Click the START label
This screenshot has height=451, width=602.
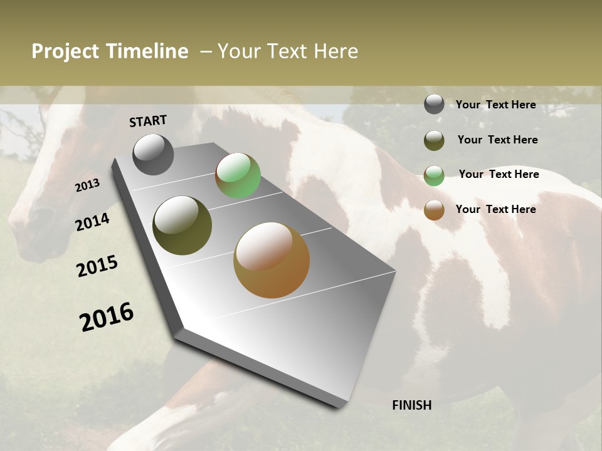pyautogui.click(x=148, y=121)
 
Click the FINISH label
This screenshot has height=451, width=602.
pyautogui.click(x=412, y=405)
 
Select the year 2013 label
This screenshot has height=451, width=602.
pyautogui.click(x=87, y=185)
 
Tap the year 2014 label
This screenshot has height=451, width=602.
pyautogui.click(x=92, y=222)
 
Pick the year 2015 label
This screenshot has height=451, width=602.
pyautogui.click(x=97, y=266)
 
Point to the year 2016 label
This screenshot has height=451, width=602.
pyautogui.click(x=107, y=317)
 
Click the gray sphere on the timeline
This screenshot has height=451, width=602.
pyautogui.click(x=153, y=155)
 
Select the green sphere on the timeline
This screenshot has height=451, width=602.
pyautogui.click(x=238, y=176)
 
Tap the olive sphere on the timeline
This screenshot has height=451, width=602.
pyautogui.click(x=182, y=225)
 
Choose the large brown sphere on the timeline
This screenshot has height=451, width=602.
pyautogui.click(x=272, y=260)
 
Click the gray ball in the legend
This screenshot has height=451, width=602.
pyautogui.click(x=434, y=104)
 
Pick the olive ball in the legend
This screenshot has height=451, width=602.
pyautogui.click(x=434, y=140)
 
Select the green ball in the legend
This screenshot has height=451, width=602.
pyautogui.click(x=434, y=175)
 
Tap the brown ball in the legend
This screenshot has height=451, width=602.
pyautogui.click(x=434, y=210)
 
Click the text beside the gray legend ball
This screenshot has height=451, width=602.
pyautogui.click(x=495, y=105)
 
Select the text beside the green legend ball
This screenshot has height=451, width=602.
pyautogui.click(x=499, y=174)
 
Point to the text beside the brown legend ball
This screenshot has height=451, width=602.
pyautogui.click(x=495, y=209)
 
